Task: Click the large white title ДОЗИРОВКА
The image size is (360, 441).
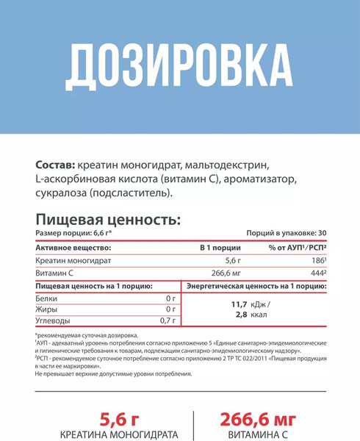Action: (x=179, y=68)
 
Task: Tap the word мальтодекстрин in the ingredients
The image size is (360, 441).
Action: (x=228, y=163)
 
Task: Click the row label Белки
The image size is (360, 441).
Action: (x=46, y=298)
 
